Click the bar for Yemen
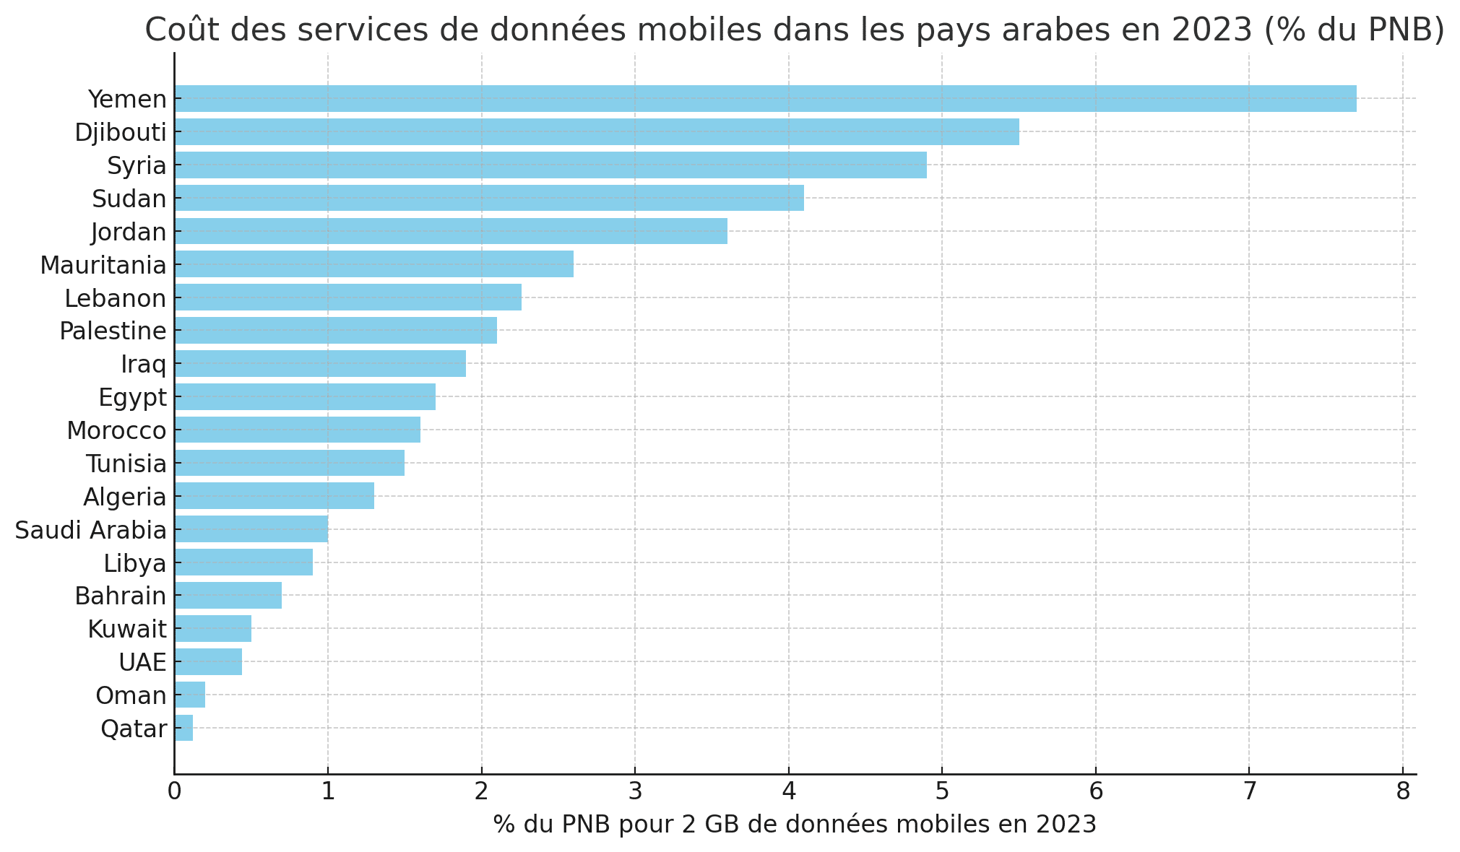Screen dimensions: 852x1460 tap(765, 98)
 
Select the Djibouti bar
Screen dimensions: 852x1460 tap(597, 131)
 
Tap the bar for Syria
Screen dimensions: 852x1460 tap(550, 165)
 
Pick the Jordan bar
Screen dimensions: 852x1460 tap(451, 231)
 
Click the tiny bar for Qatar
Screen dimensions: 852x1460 tap(183, 728)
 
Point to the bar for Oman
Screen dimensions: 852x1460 tap(190, 695)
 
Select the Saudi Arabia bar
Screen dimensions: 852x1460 tap(251, 529)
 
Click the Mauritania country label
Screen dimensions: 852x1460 tap(103, 265)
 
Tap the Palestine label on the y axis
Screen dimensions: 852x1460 tap(113, 331)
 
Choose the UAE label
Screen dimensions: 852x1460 tap(142, 662)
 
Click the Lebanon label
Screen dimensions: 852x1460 tap(116, 298)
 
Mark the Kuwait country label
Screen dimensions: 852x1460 tap(127, 629)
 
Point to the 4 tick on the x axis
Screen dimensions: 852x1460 tap(788, 792)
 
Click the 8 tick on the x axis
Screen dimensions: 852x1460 tap(1402, 792)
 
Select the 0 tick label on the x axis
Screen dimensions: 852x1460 tap(174, 792)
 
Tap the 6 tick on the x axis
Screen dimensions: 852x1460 tap(1095, 792)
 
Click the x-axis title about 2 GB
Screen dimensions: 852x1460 tap(795, 824)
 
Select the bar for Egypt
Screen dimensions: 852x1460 tap(305, 396)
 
